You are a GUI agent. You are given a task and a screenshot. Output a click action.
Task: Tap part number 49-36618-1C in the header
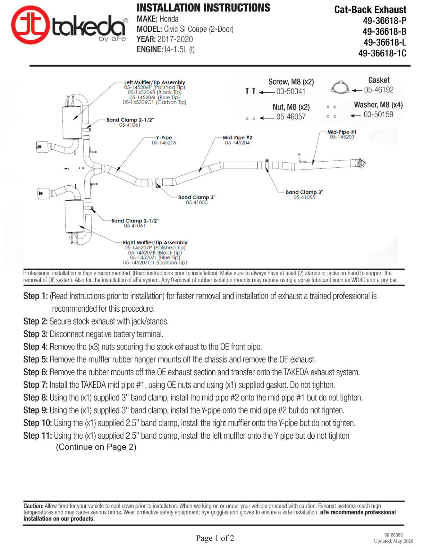tap(382, 53)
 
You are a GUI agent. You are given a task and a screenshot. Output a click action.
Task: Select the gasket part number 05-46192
tap(379, 90)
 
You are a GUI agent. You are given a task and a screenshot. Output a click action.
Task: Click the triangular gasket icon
tap(340, 88)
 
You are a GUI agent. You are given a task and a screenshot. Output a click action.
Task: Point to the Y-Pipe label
tap(164, 137)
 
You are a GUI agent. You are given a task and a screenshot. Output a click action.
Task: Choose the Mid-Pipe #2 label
tap(237, 137)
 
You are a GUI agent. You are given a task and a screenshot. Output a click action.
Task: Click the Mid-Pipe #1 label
tap(342, 132)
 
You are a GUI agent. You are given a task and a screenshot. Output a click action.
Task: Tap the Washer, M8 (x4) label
tap(378, 105)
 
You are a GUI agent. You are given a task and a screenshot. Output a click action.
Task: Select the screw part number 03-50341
tap(291, 91)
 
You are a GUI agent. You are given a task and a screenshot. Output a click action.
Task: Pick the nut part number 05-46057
tap(291, 117)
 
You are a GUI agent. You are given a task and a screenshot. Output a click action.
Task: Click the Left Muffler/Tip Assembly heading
tap(154, 82)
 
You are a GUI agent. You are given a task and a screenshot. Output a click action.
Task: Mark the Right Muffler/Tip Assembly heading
tap(155, 243)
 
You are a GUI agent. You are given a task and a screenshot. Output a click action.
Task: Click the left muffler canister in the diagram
tap(72, 123)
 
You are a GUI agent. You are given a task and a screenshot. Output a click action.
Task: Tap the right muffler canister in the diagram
tap(74, 216)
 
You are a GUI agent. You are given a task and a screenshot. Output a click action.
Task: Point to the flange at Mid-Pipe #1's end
tap(361, 163)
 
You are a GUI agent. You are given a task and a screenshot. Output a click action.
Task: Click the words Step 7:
tap(36, 385)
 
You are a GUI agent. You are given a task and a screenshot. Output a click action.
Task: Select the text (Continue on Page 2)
tap(96, 447)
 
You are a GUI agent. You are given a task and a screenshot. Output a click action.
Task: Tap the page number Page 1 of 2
tap(215, 538)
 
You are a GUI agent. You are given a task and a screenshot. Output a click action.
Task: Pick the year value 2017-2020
tap(175, 39)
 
